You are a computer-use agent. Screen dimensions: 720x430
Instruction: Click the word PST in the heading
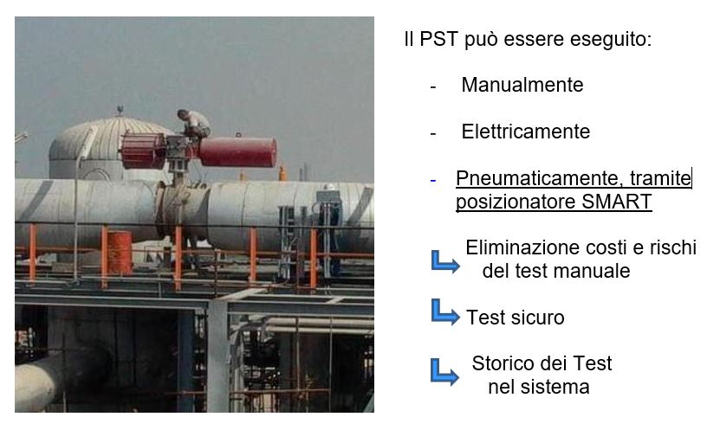point(438,39)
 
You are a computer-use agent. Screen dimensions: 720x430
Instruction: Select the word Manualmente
point(522,85)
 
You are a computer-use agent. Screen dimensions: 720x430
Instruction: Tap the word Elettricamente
point(525,132)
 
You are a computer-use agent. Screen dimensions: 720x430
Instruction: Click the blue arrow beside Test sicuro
point(445,312)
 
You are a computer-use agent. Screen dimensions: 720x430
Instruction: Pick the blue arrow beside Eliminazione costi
point(445,262)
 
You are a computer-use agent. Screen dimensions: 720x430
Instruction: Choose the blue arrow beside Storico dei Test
point(444,372)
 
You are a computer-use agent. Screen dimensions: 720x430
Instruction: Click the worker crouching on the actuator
point(195,124)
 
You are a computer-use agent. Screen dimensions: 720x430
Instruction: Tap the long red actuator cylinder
point(238,152)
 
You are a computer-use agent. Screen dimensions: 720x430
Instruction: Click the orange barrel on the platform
point(120,253)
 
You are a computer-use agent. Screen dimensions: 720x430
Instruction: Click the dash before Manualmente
point(433,87)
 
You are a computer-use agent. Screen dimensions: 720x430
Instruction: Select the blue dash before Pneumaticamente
point(433,181)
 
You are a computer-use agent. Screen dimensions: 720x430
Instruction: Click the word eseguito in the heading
point(611,40)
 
